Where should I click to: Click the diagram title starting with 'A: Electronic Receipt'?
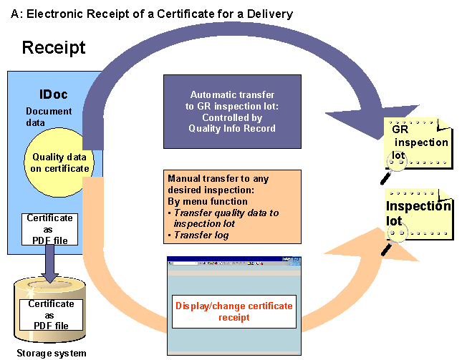[152, 14]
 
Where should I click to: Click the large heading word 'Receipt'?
[54, 48]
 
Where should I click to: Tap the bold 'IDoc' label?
[53, 94]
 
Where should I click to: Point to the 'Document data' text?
[49, 117]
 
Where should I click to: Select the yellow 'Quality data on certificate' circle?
[60, 162]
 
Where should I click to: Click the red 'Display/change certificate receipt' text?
[235, 311]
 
